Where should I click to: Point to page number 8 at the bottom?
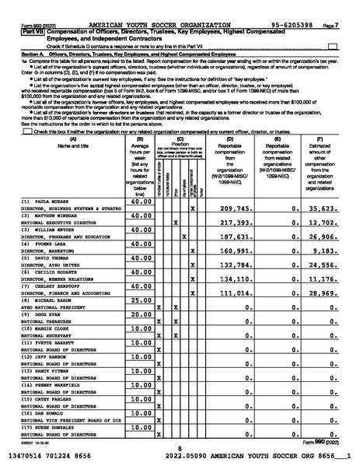tap(180, 448)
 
